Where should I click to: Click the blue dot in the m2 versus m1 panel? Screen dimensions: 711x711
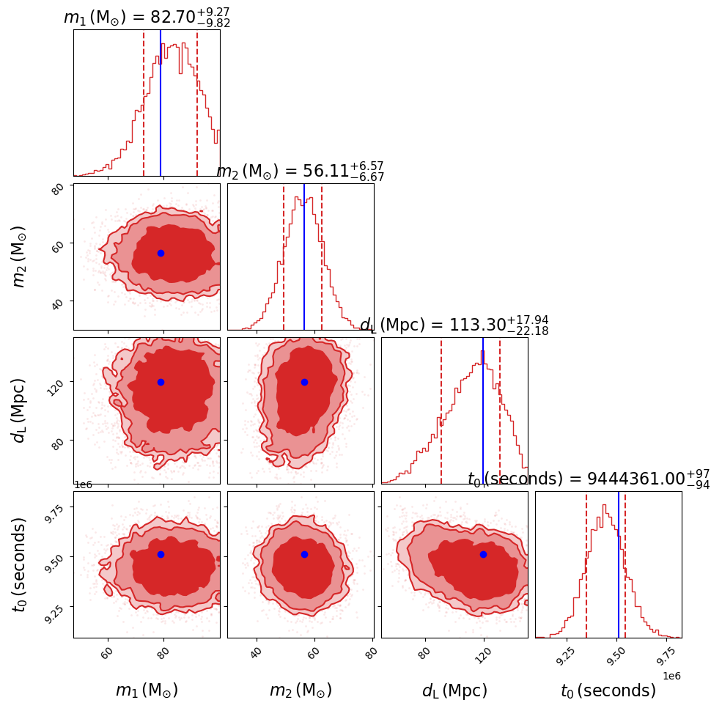pos(161,253)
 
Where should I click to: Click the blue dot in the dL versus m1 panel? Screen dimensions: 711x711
pos(161,382)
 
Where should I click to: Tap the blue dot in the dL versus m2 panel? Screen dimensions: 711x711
pos(304,382)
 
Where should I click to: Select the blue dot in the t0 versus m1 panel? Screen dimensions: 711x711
pos(161,554)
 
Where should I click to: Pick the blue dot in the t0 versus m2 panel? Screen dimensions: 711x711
pos(304,554)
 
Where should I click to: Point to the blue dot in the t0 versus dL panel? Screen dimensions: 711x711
pos(483,554)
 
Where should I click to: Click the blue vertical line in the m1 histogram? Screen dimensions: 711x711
pos(161,103)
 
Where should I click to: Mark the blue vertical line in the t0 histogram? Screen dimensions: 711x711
pos(619,564)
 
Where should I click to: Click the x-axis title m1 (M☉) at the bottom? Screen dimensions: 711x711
pos(147,690)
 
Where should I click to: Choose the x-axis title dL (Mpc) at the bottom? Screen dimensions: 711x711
pos(454,690)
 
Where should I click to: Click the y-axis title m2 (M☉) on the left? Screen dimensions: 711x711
pos(20,257)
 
